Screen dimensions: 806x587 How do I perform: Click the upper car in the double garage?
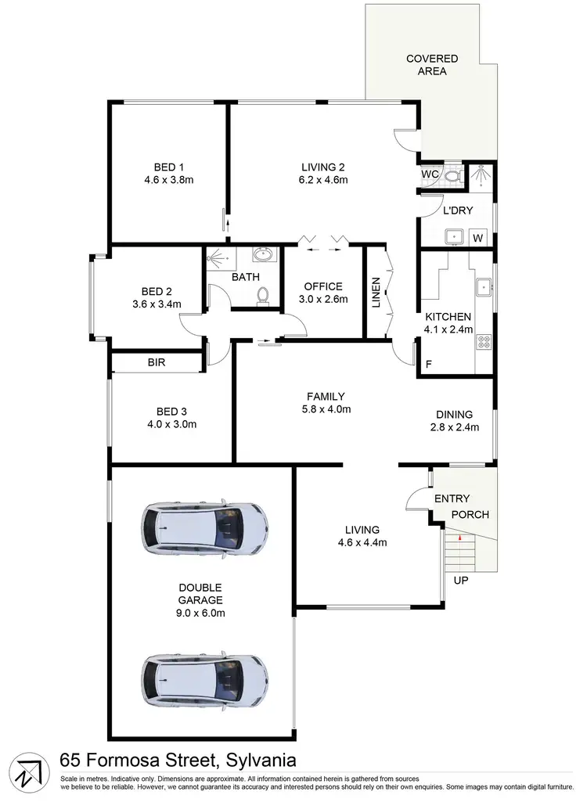pyautogui.click(x=204, y=529)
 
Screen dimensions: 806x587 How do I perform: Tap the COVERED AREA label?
pyautogui.click(x=431, y=65)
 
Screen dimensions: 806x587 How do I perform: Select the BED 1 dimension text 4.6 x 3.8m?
pyautogui.click(x=168, y=180)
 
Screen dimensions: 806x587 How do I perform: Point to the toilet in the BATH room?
pyautogui.click(x=263, y=294)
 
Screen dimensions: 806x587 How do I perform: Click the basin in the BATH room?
pyautogui.click(x=264, y=254)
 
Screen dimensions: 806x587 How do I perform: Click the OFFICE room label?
pyautogui.click(x=323, y=286)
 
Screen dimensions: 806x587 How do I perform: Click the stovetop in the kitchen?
pyautogui.click(x=484, y=340)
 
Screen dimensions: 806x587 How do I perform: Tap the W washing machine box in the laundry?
pyautogui.click(x=477, y=237)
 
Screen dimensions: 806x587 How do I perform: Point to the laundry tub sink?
pyautogui.click(x=451, y=236)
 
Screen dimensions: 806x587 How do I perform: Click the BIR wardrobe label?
pyautogui.click(x=157, y=363)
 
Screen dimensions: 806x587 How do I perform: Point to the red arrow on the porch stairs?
pyautogui.click(x=459, y=538)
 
